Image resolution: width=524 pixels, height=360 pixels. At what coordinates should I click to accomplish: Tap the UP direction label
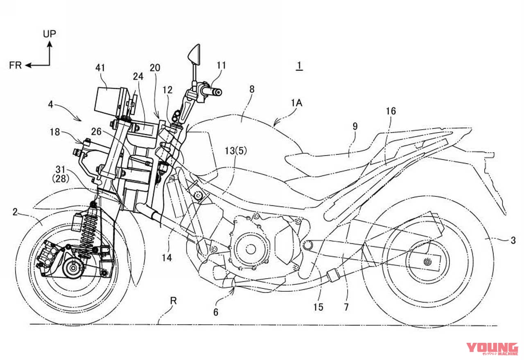coord(49,34)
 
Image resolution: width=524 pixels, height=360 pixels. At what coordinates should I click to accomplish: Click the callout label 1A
coord(296,103)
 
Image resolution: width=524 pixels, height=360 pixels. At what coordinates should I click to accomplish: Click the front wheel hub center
coord(73,269)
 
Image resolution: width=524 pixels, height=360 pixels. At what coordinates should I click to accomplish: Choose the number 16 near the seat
coord(391,111)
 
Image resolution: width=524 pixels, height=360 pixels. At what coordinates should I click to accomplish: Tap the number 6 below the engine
coord(215,312)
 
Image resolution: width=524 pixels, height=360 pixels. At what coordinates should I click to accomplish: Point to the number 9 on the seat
coord(355,126)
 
